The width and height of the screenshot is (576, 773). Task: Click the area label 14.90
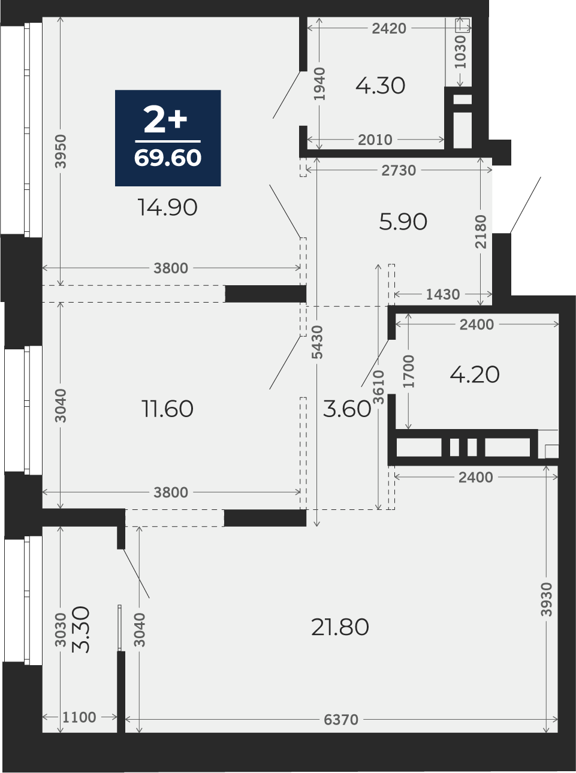[168, 207]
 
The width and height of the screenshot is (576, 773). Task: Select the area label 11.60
[167, 409]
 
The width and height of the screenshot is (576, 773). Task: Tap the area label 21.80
[340, 627]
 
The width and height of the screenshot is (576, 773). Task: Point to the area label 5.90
[403, 222]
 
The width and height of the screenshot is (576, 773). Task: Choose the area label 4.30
[381, 86]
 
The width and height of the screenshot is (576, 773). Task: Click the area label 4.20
[475, 375]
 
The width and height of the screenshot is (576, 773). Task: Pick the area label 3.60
[347, 409]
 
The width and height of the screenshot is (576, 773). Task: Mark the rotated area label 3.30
[81, 629]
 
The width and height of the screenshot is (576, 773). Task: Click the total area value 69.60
[168, 158]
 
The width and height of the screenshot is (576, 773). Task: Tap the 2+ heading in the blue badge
[165, 119]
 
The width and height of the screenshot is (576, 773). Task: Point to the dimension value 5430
[318, 342]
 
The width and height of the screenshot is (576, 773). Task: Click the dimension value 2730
[399, 170]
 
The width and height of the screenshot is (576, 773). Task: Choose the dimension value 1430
[443, 295]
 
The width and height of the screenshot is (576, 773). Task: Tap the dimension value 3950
[61, 151]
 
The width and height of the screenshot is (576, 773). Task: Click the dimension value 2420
[389, 29]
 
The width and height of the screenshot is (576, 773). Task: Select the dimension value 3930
[547, 599]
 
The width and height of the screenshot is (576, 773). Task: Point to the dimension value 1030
[460, 52]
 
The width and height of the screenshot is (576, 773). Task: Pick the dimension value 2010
[375, 140]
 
